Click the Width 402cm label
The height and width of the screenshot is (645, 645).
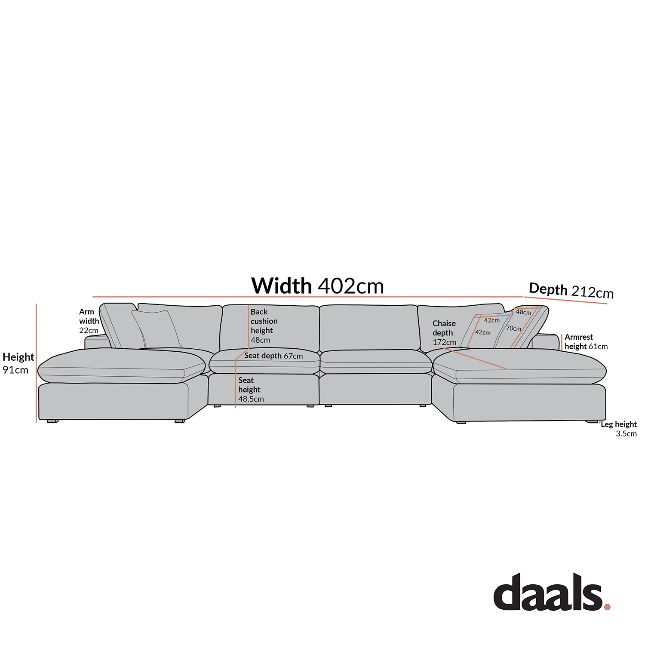pyautogui.click(x=317, y=286)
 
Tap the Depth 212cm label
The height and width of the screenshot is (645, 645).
pyautogui.click(x=571, y=291)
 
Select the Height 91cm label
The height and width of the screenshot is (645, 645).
pyautogui.click(x=18, y=363)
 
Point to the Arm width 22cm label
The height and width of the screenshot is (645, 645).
pyautogui.click(x=89, y=321)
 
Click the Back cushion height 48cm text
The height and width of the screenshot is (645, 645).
pyautogui.click(x=264, y=326)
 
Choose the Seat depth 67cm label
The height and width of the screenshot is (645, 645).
pyautogui.click(x=273, y=356)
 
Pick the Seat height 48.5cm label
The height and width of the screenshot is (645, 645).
pyautogui.click(x=251, y=390)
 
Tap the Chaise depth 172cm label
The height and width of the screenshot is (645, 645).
pyautogui.click(x=444, y=333)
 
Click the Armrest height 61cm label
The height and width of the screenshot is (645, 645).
pyautogui.click(x=586, y=342)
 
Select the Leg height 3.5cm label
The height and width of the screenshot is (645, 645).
pyautogui.click(x=619, y=429)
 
